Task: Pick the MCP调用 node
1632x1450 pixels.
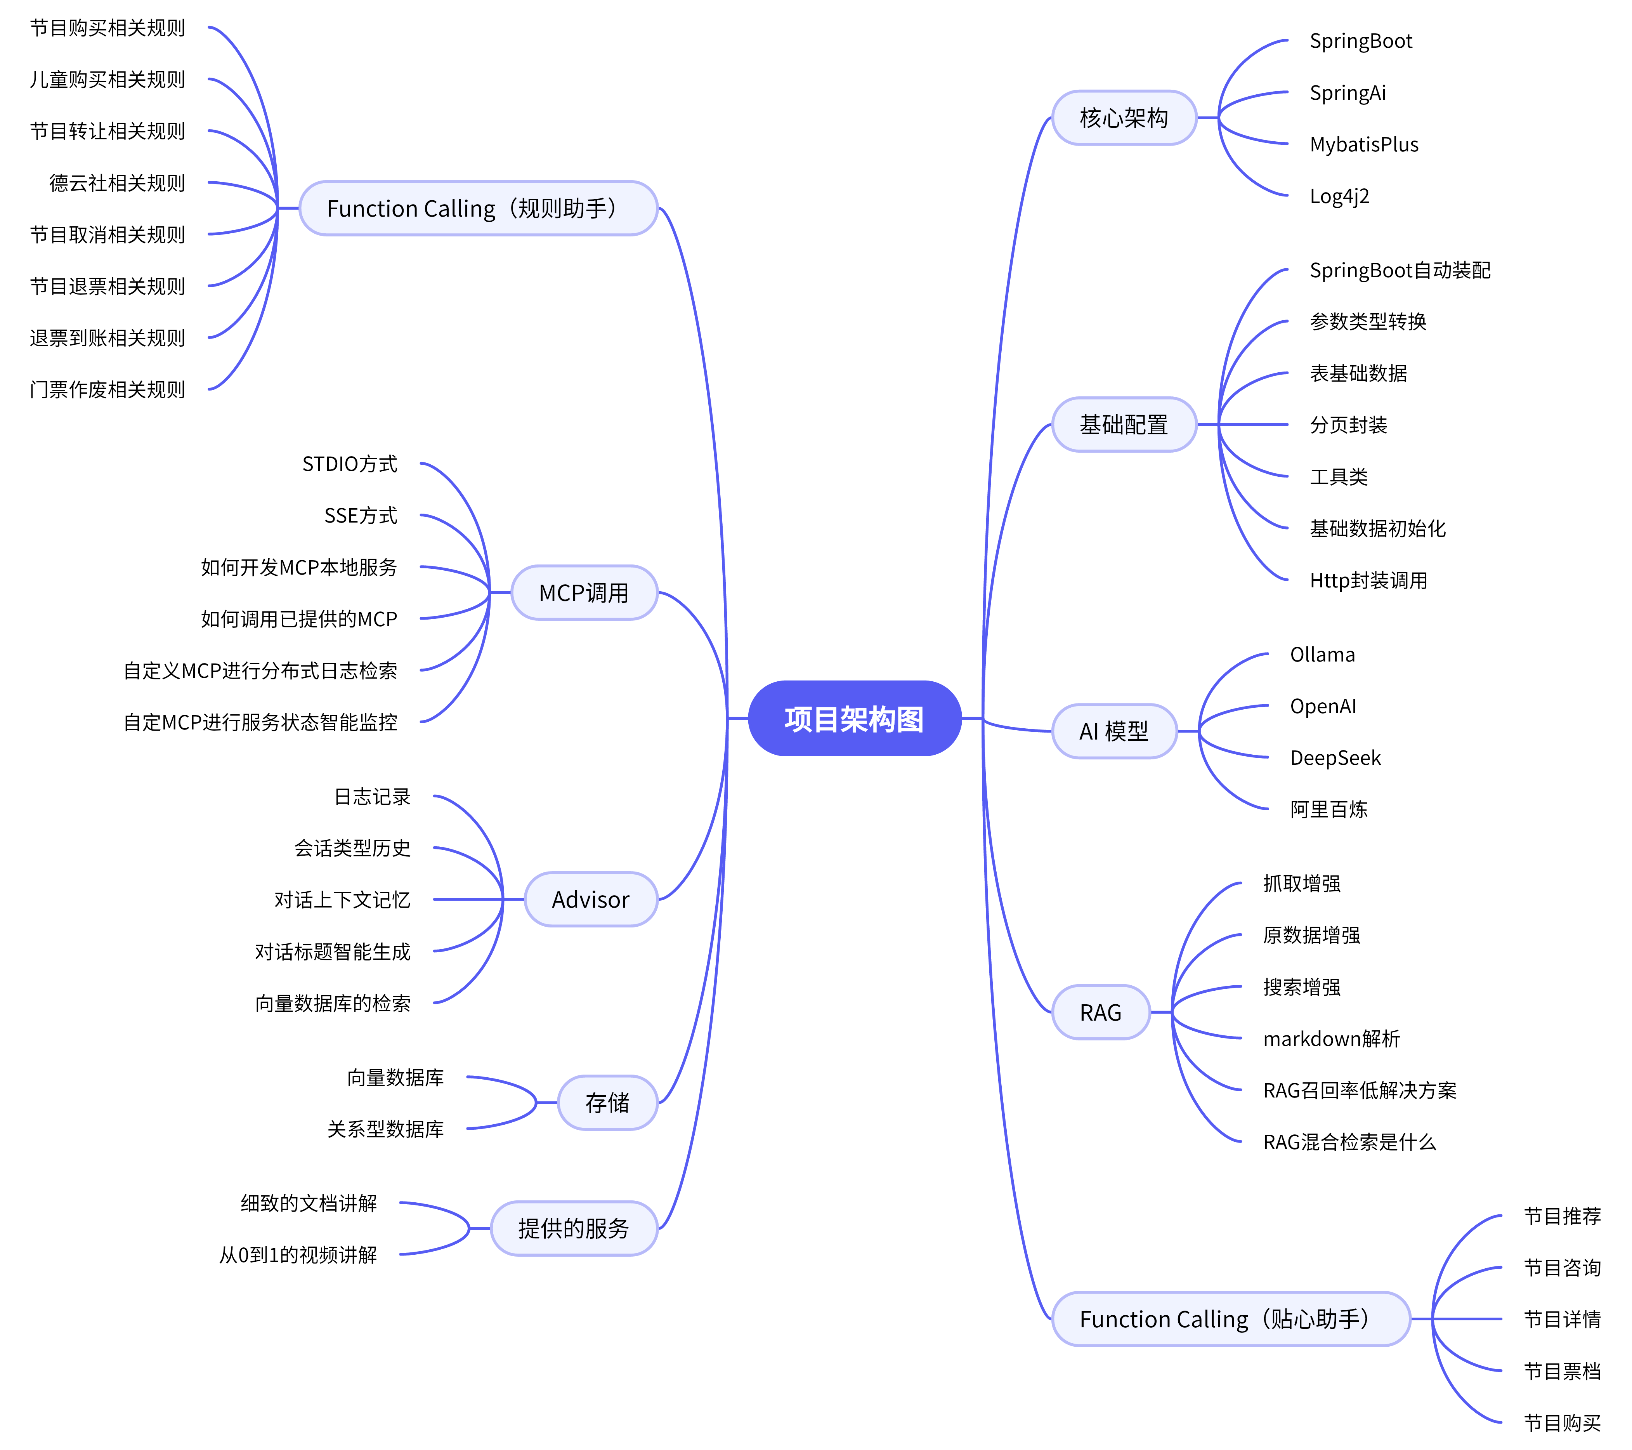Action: coord(584,592)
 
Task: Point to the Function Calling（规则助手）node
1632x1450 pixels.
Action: coord(477,208)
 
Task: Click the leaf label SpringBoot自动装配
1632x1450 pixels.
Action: coord(1400,271)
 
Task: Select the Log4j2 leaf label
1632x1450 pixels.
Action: coord(1339,196)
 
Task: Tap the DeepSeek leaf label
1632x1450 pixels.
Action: coord(1335,758)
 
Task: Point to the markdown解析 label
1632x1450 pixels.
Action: coord(1331,1039)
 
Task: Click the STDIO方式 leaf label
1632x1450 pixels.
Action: coord(350,464)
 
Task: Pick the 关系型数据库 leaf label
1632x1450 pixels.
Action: coord(386,1129)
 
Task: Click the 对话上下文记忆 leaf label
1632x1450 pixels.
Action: coord(343,900)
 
